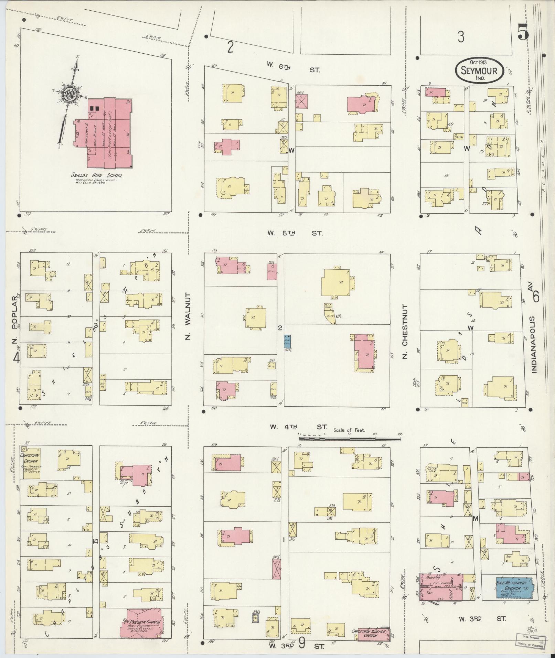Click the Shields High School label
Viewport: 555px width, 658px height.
tap(97, 175)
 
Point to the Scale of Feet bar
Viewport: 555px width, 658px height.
tap(350, 439)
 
